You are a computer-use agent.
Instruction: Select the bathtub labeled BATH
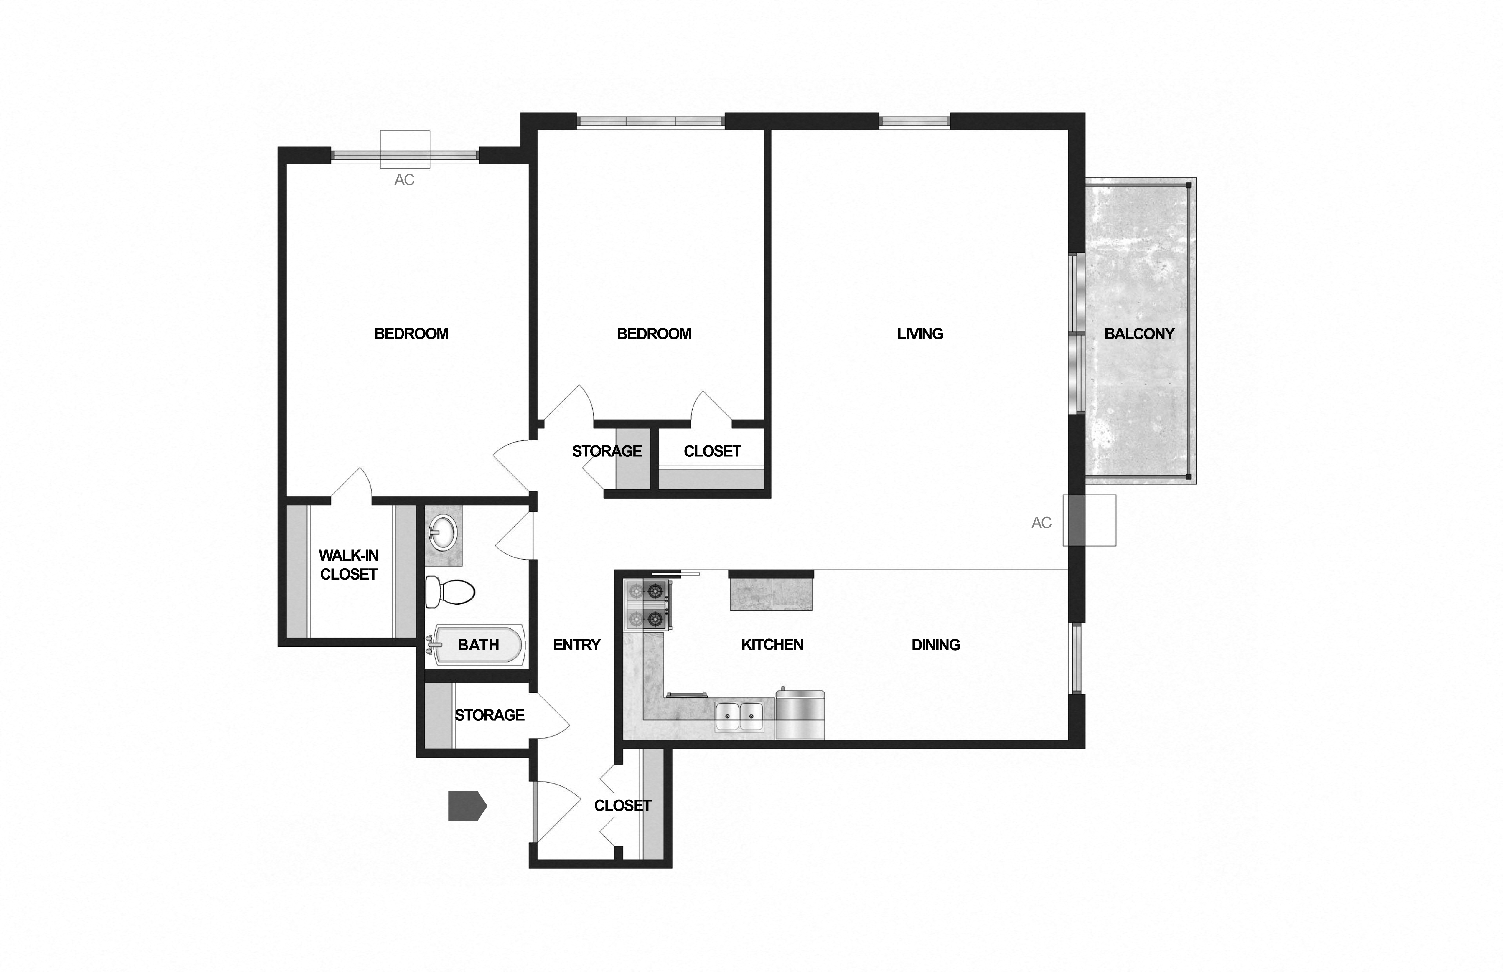click(x=477, y=644)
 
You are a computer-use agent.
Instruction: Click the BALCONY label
click(x=1139, y=334)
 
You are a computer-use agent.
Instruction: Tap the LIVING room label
click(x=920, y=334)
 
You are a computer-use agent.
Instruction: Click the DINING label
click(x=935, y=644)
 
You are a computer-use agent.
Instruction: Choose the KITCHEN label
click(x=772, y=644)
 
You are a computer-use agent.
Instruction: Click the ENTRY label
click(x=576, y=644)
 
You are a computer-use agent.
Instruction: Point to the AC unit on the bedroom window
click(x=405, y=150)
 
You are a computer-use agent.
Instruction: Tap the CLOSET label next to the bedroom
click(x=712, y=451)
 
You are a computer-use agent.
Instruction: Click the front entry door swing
click(x=556, y=811)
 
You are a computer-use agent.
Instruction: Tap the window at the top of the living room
click(x=914, y=121)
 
